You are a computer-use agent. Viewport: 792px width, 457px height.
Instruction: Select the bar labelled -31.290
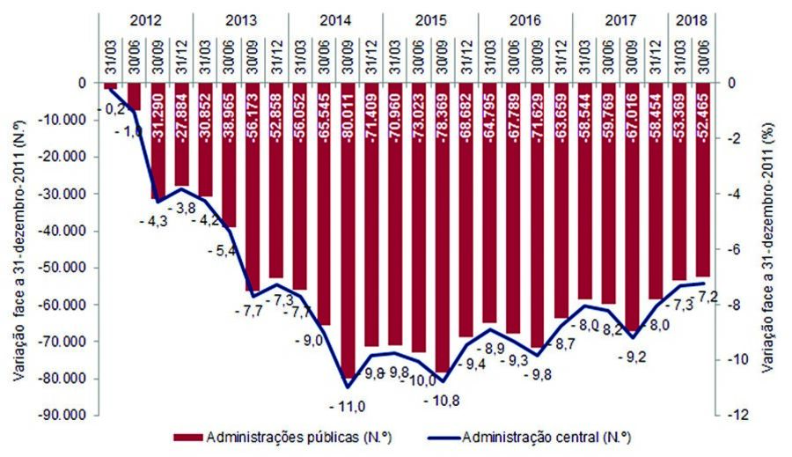point(158,140)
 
